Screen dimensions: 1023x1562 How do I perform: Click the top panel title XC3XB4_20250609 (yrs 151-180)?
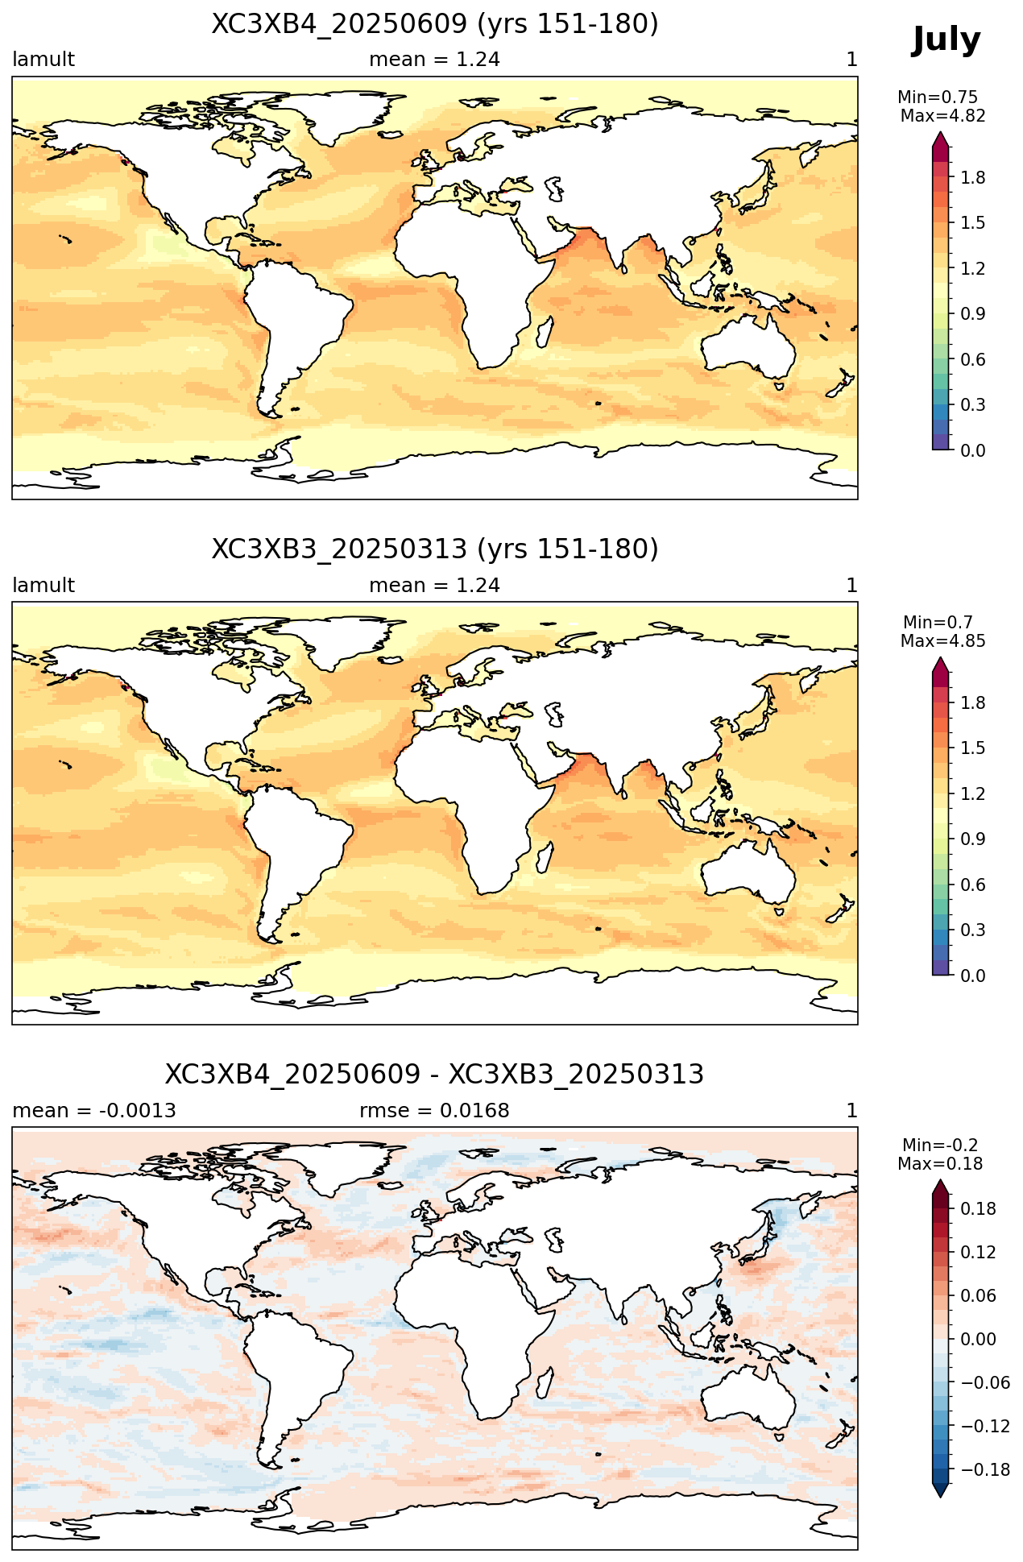pyautogui.click(x=435, y=24)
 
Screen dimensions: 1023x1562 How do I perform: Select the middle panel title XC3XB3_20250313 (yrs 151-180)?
pyautogui.click(x=435, y=549)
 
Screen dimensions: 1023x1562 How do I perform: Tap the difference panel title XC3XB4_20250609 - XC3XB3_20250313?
pyautogui.click(x=435, y=1075)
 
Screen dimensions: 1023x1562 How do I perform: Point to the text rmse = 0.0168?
pyautogui.click(x=435, y=1111)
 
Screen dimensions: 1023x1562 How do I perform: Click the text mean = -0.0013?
pyautogui.click(x=94, y=1111)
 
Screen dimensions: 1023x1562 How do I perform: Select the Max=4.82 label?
pyautogui.click(x=942, y=116)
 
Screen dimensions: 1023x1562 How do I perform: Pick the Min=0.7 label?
pyautogui.click(x=938, y=622)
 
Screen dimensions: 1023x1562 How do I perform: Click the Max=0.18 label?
pyautogui.click(x=940, y=1164)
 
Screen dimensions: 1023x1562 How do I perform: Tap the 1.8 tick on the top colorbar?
pyautogui.click(x=973, y=177)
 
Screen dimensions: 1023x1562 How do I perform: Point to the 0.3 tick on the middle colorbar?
pyautogui.click(x=973, y=930)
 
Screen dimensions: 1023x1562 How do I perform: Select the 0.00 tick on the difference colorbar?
pyautogui.click(x=978, y=1340)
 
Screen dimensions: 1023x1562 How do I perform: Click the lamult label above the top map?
pyautogui.click(x=43, y=60)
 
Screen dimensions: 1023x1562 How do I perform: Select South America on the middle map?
pyautogui.click(x=290, y=854)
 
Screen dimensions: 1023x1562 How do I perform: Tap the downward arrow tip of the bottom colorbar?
pyautogui.click(x=940, y=1498)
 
